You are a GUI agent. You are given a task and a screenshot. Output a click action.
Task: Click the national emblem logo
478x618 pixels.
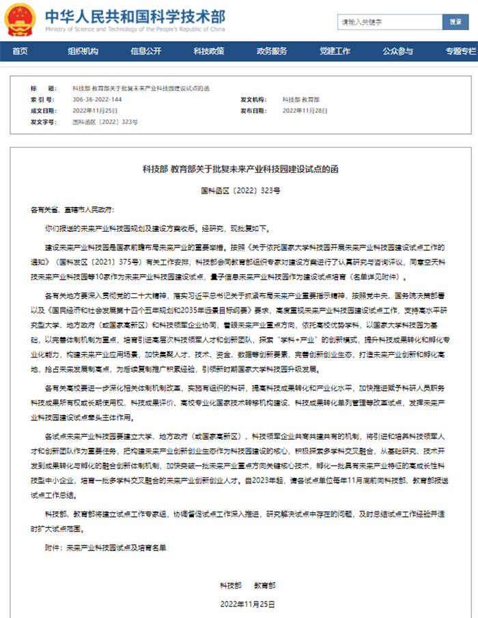(x=20, y=21)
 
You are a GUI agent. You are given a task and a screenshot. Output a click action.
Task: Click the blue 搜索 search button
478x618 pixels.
(x=455, y=22)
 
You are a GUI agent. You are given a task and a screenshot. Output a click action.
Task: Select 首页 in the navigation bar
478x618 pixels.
(x=20, y=51)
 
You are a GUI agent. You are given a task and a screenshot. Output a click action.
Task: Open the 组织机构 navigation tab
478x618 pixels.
(x=83, y=51)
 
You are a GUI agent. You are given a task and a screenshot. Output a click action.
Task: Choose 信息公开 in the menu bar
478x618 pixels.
(x=145, y=51)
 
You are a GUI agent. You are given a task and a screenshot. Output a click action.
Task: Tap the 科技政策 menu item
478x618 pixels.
(x=208, y=51)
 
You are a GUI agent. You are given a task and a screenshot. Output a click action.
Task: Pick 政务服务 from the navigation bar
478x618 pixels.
(x=272, y=51)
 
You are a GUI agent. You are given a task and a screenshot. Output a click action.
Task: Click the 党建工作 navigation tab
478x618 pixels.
(x=335, y=51)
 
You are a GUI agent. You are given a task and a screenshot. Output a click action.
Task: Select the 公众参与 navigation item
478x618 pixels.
(x=397, y=51)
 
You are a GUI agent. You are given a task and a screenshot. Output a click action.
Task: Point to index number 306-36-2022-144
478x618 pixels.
(x=97, y=100)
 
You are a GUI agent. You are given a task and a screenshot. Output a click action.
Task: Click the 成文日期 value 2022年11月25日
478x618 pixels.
(x=95, y=111)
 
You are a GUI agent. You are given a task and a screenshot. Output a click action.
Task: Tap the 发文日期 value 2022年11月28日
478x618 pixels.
(x=305, y=111)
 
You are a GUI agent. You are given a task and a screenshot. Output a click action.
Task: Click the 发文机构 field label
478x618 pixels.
(x=253, y=100)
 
